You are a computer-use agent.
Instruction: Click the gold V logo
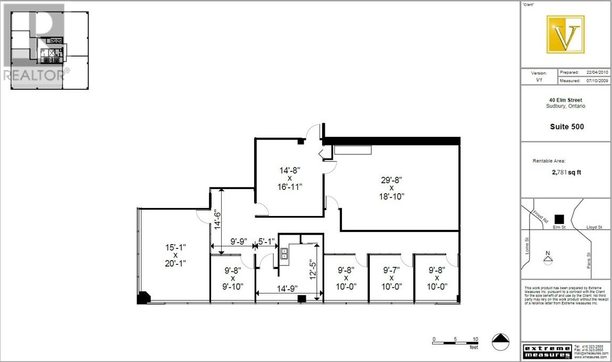(x=565, y=35)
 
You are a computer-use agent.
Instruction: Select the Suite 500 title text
(x=567, y=127)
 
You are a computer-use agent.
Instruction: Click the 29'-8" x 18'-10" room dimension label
(x=391, y=188)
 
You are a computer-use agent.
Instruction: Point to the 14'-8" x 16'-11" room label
(x=290, y=178)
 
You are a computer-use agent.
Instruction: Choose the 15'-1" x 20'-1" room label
(x=175, y=255)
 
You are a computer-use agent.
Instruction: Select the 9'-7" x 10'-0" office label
(x=391, y=278)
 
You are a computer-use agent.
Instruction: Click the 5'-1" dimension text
(x=266, y=241)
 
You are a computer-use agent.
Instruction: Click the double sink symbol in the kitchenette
(x=284, y=253)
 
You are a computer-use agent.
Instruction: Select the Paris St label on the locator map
(x=589, y=260)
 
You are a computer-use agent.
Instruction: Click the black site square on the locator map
(x=558, y=218)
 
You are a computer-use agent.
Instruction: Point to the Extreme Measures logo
(x=548, y=351)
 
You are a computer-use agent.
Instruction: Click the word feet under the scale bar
(x=473, y=347)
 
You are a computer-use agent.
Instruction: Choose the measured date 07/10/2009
(x=597, y=81)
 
